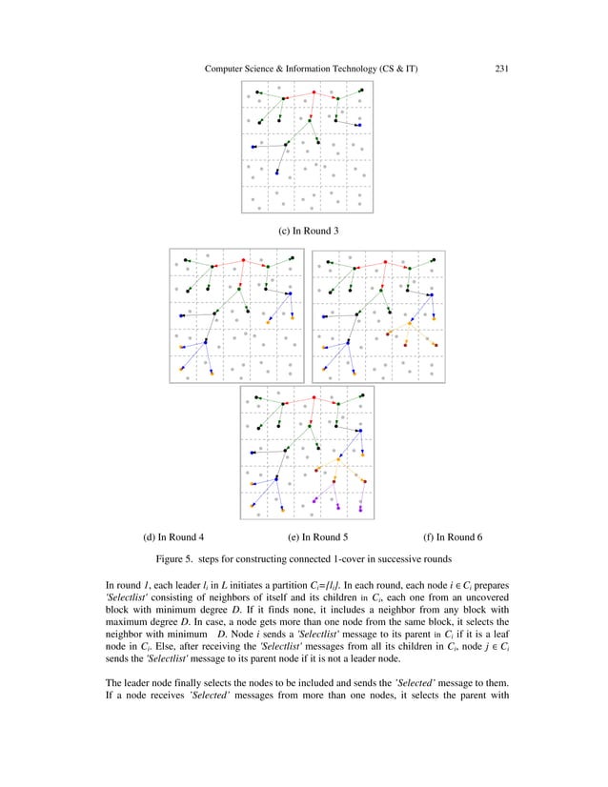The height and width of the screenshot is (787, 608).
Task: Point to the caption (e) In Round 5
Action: pyautogui.click(x=317, y=537)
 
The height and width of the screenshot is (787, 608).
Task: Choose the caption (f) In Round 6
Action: pyautogui.click(x=453, y=537)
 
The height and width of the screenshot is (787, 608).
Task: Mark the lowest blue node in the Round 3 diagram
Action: pyautogui.click(x=276, y=172)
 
